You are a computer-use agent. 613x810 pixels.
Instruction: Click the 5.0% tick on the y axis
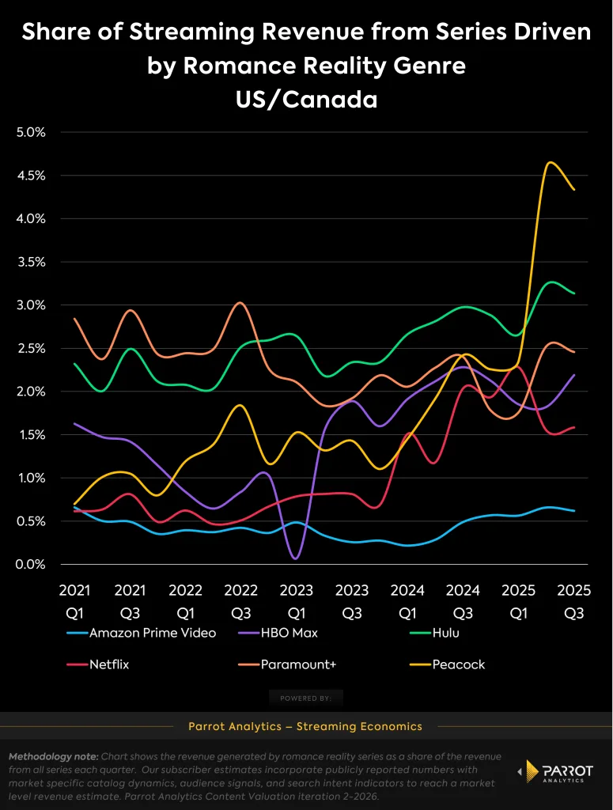tap(31, 132)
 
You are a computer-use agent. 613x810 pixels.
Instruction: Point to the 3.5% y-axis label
tap(31, 262)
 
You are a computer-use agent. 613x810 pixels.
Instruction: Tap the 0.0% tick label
tap(31, 564)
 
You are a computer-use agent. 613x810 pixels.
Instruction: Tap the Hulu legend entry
tap(445, 633)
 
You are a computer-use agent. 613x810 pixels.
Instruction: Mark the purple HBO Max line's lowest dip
tap(295, 558)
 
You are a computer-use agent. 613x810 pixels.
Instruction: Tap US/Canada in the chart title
tap(306, 100)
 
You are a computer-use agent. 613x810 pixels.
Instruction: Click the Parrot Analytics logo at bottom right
tap(552, 772)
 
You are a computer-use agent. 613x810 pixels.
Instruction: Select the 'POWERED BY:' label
tap(305, 698)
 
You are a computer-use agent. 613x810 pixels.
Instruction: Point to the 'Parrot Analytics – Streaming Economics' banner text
tap(305, 726)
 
